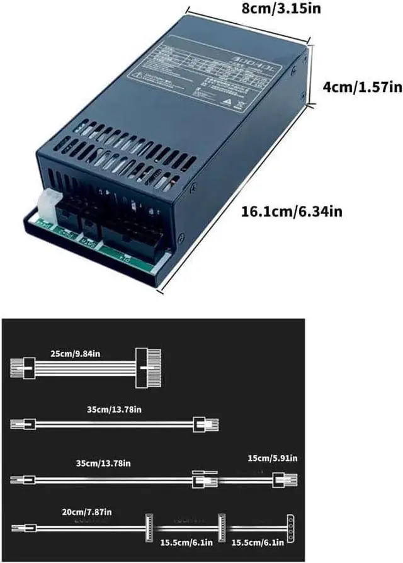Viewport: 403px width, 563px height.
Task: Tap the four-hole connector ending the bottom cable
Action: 290,526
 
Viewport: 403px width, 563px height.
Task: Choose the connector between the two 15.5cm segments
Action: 221,526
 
